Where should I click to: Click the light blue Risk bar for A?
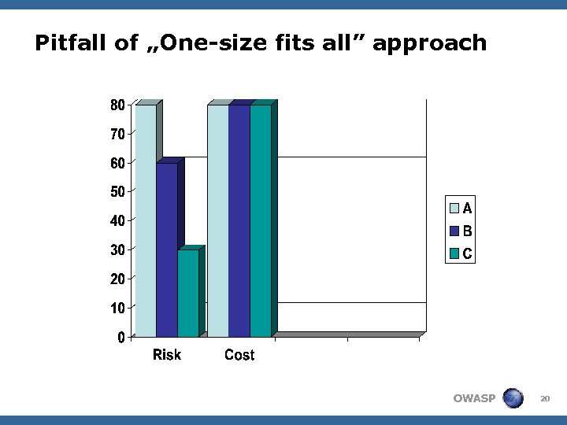click(146, 220)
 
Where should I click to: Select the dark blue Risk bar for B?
click(167, 250)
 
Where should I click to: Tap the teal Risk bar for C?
click(188, 294)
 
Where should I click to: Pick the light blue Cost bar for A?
click(218, 220)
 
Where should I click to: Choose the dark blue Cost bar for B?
click(239, 220)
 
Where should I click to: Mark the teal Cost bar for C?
click(261, 220)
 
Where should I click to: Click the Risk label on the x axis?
click(167, 355)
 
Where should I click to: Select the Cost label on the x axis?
click(239, 356)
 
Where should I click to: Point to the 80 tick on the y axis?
click(117, 105)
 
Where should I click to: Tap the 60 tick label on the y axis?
click(117, 163)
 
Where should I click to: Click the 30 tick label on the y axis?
click(117, 250)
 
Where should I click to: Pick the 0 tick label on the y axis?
click(121, 338)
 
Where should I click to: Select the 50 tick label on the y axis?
click(117, 192)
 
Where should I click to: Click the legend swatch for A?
click(455, 209)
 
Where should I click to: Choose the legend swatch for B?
click(455, 231)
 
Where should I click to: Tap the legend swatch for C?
click(455, 254)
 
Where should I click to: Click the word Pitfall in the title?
click(74, 42)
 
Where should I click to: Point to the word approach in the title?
click(430, 44)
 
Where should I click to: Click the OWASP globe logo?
click(513, 398)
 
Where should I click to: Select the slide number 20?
click(544, 399)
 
